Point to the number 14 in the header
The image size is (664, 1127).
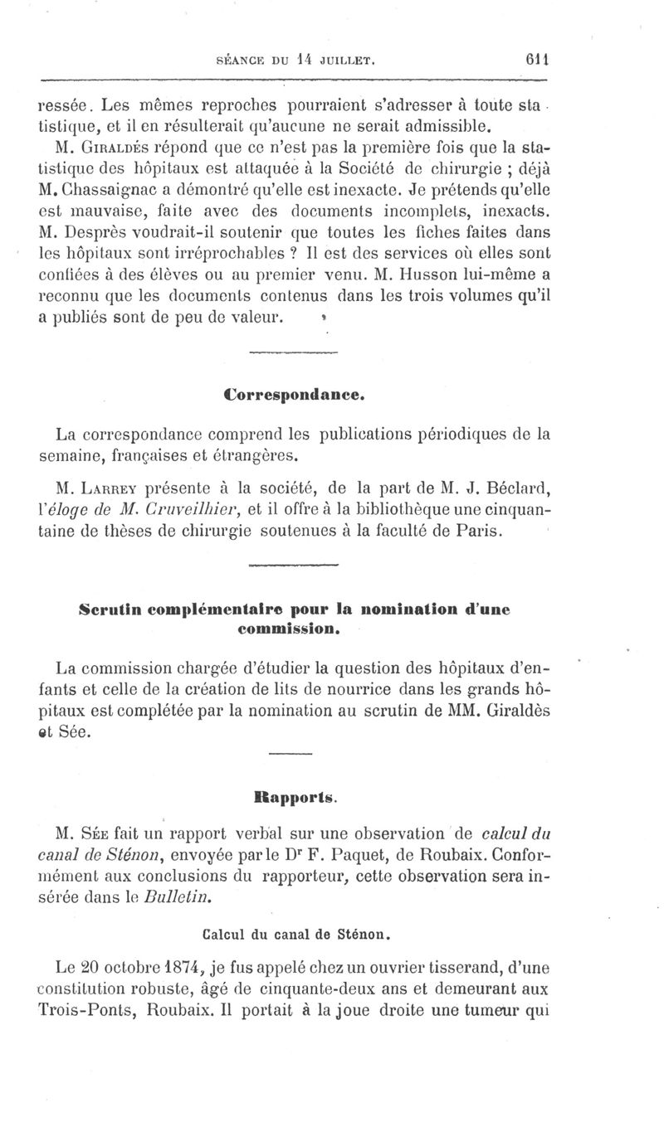click(x=308, y=60)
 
